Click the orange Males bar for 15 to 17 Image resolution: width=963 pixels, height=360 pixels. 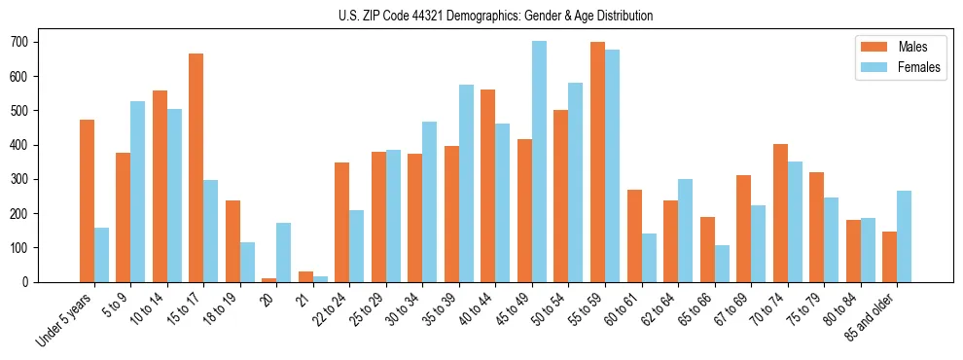(x=196, y=167)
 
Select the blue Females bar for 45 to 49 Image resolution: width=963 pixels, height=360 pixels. (x=539, y=162)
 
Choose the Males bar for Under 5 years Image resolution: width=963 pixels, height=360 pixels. (x=88, y=200)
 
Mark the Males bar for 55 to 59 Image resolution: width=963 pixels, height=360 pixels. (x=597, y=162)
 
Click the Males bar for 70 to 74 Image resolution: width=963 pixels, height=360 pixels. (x=780, y=213)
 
